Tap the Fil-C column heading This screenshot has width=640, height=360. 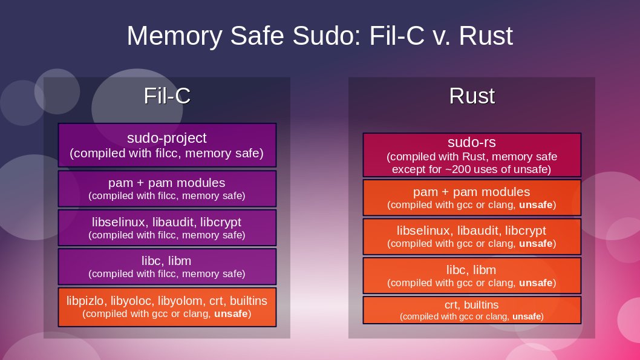[x=167, y=96]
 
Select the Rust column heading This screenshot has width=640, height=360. [x=472, y=96]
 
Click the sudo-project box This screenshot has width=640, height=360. [x=167, y=145]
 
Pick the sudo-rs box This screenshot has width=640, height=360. [x=472, y=155]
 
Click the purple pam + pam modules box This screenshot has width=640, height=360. [x=167, y=188]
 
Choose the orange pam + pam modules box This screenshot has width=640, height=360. [x=472, y=198]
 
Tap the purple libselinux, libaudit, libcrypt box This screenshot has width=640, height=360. [x=167, y=227]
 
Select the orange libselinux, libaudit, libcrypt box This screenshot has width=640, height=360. [x=472, y=237]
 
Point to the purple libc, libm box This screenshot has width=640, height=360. [x=167, y=266]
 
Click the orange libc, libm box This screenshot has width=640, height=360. [x=472, y=275]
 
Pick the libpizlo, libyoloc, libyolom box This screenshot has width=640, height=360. [x=167, y=306]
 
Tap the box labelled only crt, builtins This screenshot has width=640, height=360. [x=472, y=310]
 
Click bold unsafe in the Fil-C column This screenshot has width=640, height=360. [x=231, y=314]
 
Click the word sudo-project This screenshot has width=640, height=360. [x=167, y=139]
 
